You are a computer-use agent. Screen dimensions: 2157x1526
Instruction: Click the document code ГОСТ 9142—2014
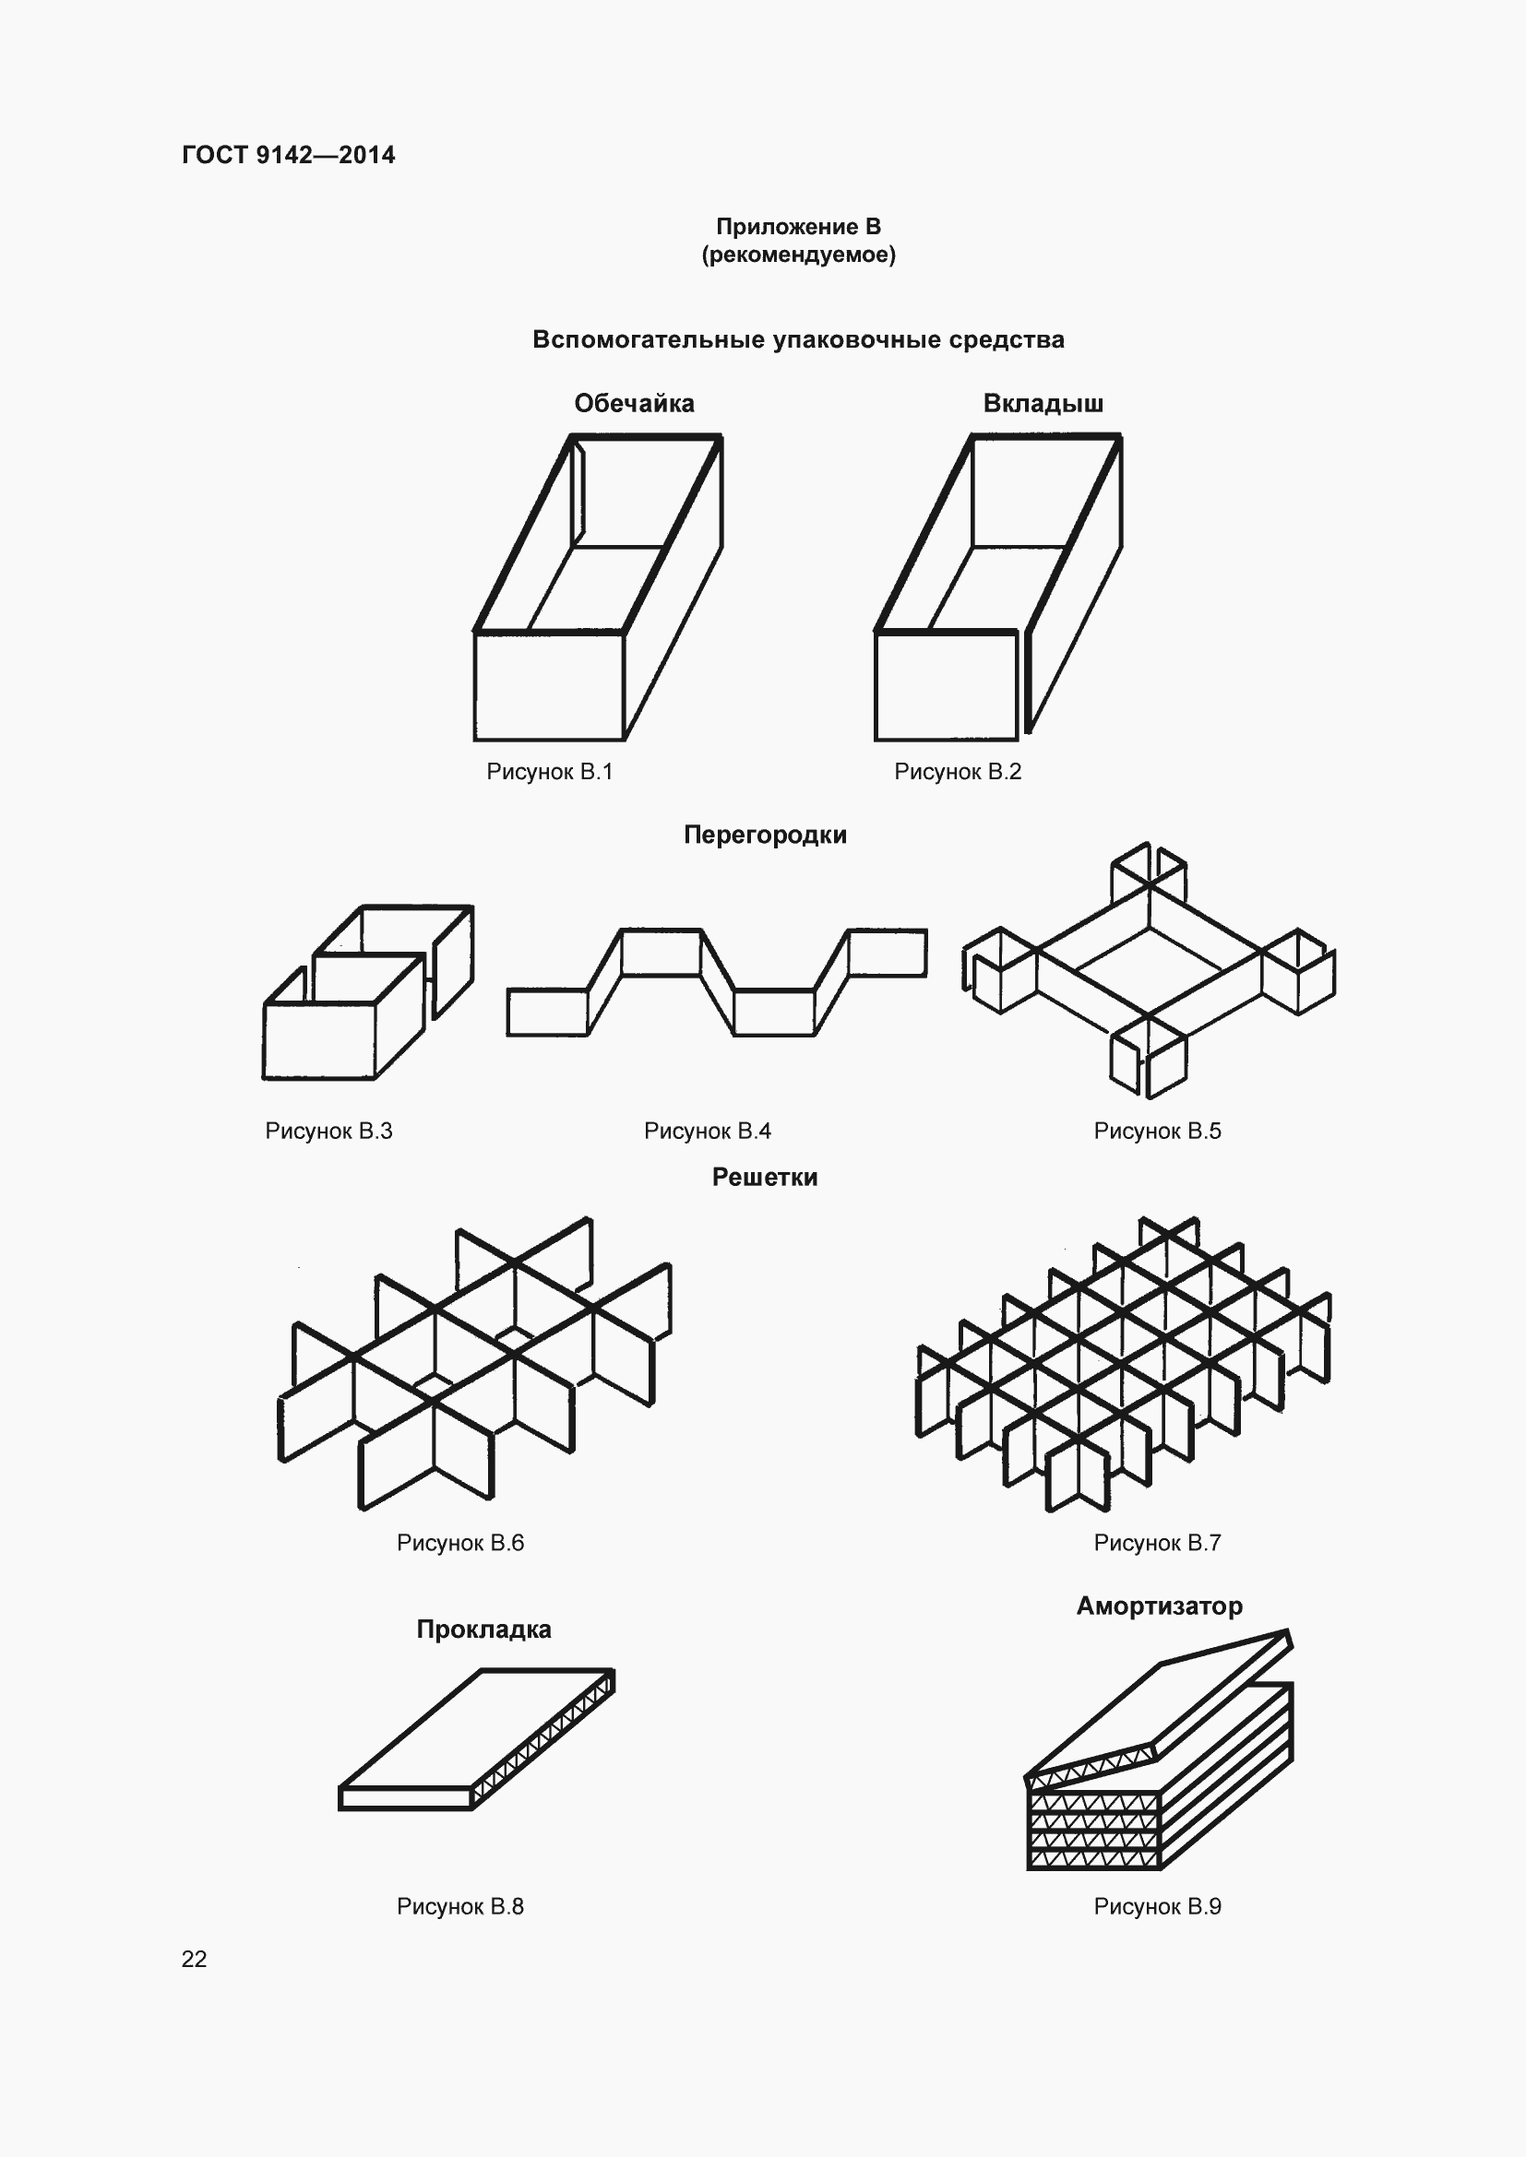[x=289, y=155]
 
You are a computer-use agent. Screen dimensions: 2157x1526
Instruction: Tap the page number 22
[x=194, y=1959]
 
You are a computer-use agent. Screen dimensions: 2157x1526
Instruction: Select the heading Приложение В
[x=798, y=227]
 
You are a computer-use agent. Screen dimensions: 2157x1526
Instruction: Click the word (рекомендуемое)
[x=798, y=255]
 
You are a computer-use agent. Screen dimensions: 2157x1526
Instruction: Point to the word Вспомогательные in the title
[x=649, y=339]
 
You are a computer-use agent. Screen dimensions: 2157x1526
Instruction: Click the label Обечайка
[x=634, y=403]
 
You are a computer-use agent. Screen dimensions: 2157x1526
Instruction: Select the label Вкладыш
[x=1043, y=403]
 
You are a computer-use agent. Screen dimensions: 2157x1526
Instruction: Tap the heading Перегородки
[x=765, y=835]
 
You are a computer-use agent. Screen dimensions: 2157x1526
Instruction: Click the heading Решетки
[x=765, y=1177]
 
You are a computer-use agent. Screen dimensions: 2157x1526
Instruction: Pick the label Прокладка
[x=484, y=1629]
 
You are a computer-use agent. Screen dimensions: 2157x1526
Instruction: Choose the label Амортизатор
[x=1160, y=1606]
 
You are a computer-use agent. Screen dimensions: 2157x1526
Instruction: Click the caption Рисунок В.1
[x=550, y=771]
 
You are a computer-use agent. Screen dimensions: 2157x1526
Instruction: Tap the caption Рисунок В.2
[x=958, y=771]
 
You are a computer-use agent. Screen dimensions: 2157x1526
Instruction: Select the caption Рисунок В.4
[x=708, y=1131]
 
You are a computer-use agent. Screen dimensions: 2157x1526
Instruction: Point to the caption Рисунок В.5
[x=1158, y=1131]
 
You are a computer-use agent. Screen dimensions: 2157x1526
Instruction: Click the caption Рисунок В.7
[x=1158, y=1543]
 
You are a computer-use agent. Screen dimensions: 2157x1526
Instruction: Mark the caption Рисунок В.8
[x=460, y=1906]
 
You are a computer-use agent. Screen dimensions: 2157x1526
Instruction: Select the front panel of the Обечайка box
[x=549, y=686]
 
